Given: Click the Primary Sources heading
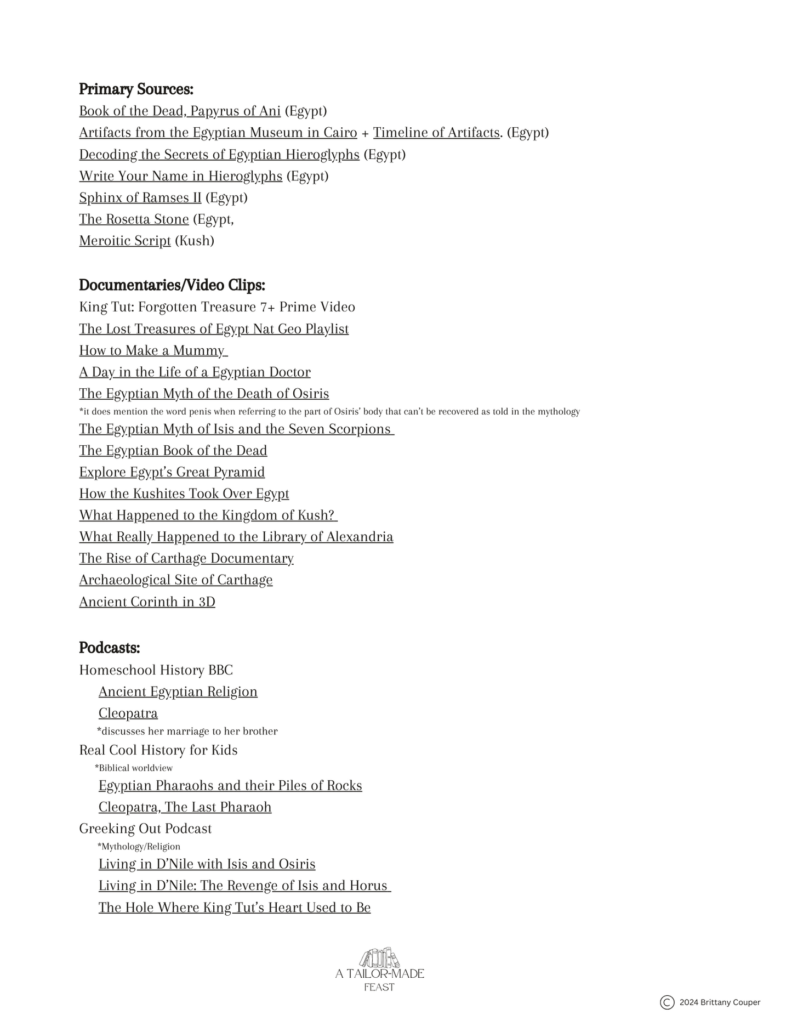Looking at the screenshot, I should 136,89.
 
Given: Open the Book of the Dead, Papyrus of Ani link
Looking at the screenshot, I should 180,111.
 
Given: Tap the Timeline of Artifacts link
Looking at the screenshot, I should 436,132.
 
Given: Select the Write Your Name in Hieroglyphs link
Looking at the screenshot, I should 180,176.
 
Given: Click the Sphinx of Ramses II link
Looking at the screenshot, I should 140,197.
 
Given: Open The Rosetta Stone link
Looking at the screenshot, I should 134,219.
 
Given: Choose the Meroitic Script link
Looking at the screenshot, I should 125,241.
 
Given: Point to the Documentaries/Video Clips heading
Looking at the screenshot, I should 172,285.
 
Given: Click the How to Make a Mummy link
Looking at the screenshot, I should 152,350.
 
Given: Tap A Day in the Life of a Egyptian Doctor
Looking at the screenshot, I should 195,372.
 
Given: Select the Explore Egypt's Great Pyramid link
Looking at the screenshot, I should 172,472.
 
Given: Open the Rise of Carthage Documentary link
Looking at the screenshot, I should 186,558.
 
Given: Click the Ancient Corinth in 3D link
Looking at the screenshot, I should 147,602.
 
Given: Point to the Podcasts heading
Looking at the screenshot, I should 110,648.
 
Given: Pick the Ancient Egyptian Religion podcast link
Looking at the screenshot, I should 178,691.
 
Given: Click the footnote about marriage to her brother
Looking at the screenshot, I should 187,731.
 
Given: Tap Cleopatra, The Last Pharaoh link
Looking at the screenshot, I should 185,807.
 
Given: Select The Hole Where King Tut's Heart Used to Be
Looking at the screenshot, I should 235,908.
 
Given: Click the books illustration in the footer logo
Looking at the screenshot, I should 379,958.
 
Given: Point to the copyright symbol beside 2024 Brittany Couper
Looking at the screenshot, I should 667,1002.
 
